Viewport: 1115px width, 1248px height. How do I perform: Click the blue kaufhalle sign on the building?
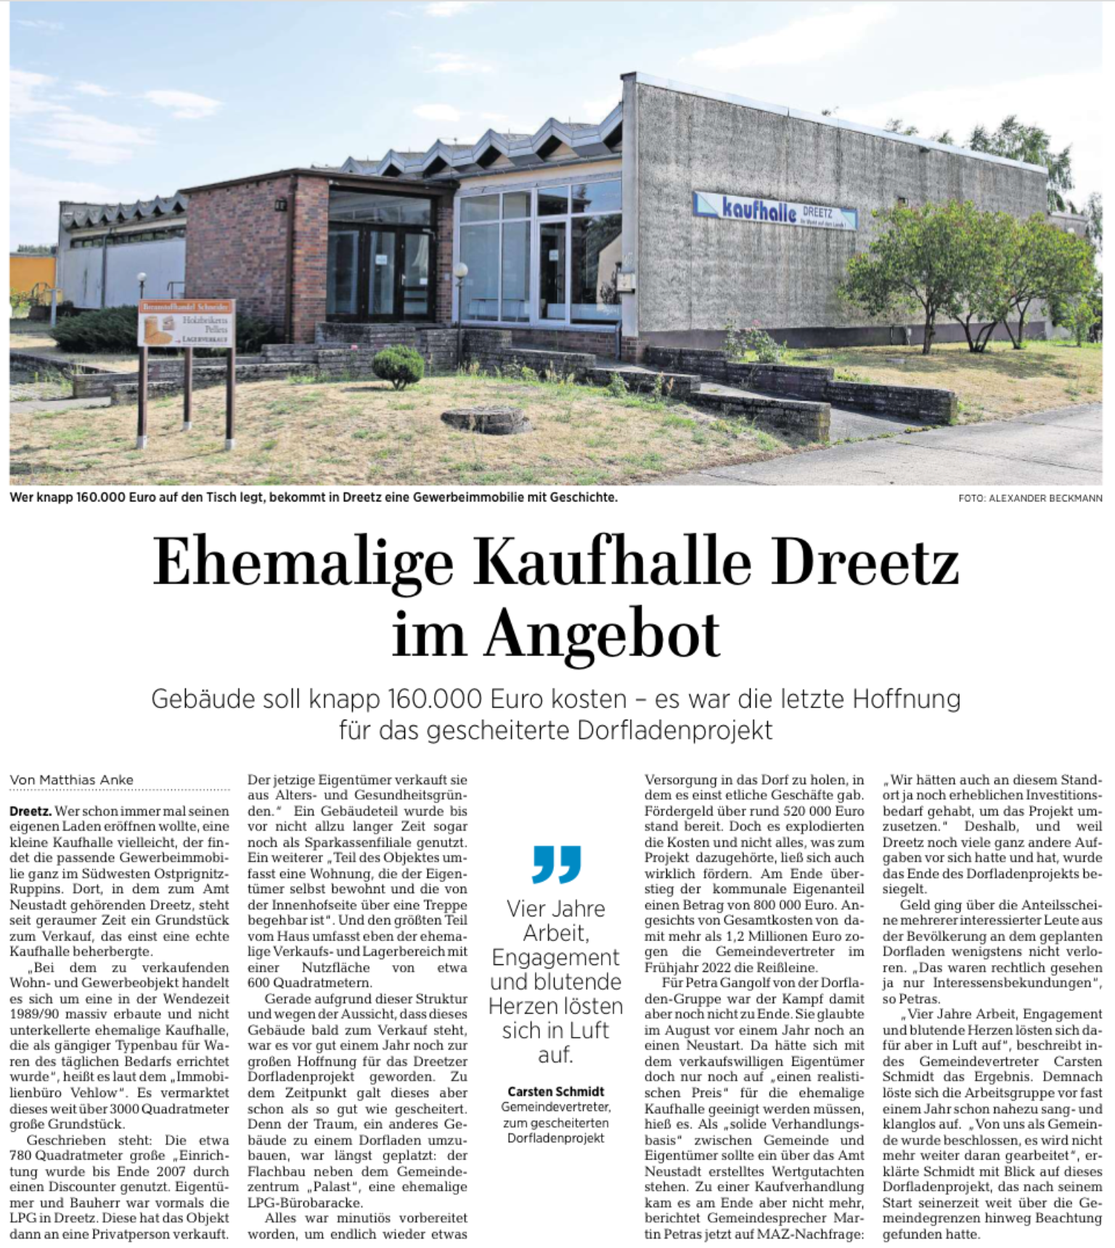(775, 211)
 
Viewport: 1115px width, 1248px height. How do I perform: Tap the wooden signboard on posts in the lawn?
(186, 324)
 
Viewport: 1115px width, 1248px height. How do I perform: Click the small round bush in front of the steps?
(398, 365)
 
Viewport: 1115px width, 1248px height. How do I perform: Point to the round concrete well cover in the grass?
(486, 419)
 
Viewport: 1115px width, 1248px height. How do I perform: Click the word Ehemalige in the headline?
(303, 564)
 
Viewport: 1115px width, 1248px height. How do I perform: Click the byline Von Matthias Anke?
(72, 780)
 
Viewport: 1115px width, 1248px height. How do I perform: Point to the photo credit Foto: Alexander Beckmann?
(1029, 498)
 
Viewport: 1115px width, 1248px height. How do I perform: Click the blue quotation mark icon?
(556, 863)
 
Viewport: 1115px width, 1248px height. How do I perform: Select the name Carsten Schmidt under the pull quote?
(555, 1091)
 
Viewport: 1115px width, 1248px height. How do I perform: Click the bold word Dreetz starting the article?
(30, 810)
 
